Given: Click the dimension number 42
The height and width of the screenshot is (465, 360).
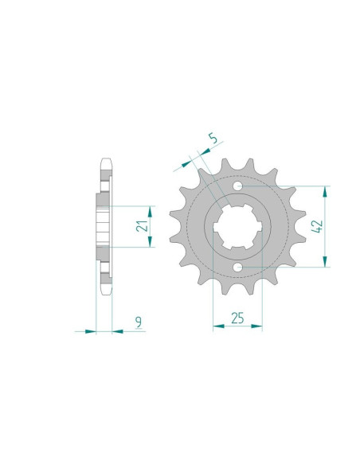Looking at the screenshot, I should (x=317, y=226).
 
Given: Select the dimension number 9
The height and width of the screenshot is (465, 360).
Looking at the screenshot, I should (x=139, y=322).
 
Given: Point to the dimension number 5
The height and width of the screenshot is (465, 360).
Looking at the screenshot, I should (x=213, y=142).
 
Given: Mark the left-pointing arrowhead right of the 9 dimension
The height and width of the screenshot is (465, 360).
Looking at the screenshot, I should (x=117, y=330).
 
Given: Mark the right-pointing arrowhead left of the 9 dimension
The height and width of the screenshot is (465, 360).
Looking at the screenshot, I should (x=90, y=330).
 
